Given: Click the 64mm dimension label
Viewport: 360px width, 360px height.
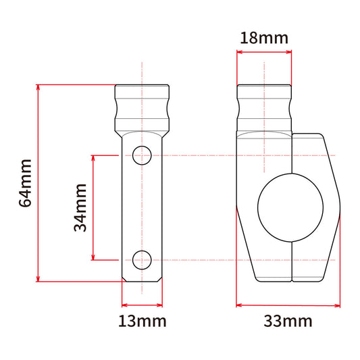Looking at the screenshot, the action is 25,183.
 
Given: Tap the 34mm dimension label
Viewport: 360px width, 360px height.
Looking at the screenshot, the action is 80,207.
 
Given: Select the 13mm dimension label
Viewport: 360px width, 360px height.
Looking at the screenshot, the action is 143,322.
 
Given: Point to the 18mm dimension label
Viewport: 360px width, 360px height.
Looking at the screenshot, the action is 264,38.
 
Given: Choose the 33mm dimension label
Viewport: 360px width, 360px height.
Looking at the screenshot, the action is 288,321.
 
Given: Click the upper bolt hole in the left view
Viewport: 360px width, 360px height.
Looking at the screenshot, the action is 142,155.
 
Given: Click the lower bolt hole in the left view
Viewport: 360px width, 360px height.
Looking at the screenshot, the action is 142,260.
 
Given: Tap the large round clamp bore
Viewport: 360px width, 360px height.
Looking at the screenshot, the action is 290,207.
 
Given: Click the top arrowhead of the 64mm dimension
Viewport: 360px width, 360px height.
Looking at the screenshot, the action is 38,88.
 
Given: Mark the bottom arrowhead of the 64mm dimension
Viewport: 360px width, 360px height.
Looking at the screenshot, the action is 38,279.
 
